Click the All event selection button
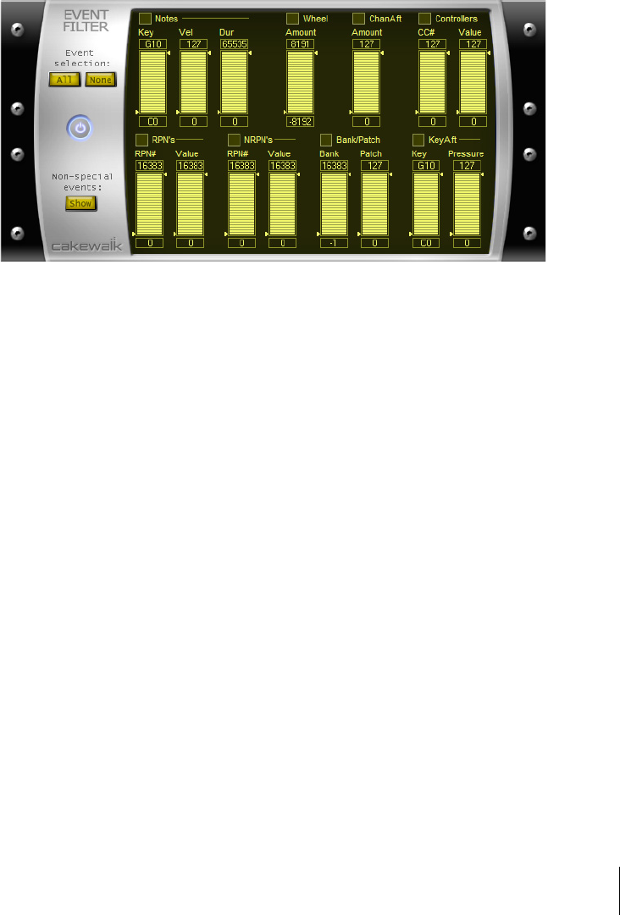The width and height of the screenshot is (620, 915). pyautogui.click(x=61, y=80)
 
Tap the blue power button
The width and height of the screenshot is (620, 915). pyautogui.click(x=80, y=129)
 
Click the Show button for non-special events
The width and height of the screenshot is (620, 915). pyautogui.click(x=80, y=203)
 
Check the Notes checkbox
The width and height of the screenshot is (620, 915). pyautogui.click(x=145, y=18)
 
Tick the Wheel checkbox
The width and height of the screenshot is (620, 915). pyautogui.click(x=292, y=18)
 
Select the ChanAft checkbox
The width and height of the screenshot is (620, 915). pyautogui.click(x=358, y=18)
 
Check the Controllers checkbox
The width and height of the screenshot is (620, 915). pyautogui.click(x=424, y=18)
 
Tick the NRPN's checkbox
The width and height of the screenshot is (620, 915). pyautogui.click(x=235, y=139)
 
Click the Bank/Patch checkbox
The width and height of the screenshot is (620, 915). pyautogui.click(x=326, y=139)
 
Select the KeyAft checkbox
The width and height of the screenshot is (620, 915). pyautogui.click(x=418, y=139)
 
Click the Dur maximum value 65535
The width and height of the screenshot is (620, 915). pyautogui.click(x=234, y=44)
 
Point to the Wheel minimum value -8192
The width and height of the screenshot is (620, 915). pyautogui.click(x=300, y=121)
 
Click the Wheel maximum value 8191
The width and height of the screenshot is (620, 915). pyautogui.click(x=300, y=44)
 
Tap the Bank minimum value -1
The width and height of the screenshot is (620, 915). pyautogui.click(x=334, y=243)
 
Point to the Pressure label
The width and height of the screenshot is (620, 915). pyautogui.click(x=466, y=154)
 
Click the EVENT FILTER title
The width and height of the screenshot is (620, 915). pyautogui.click(x=86, y=20)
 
